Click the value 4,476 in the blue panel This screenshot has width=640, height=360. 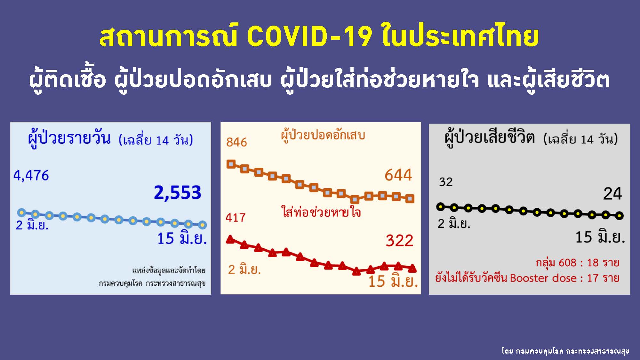pyautogui.click(x=31, y=176)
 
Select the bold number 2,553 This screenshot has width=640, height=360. pyautogui.click(x=178, y=193)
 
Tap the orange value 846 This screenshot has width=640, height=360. pyautogui.click(x=236, y=142)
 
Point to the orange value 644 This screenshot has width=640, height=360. pyautogui.click(x=398, y=175)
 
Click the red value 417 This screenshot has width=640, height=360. pyautogui.click(x=236, y=218)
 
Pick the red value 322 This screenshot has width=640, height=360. pyautogui.click(x=399, y=241)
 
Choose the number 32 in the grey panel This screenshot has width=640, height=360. pyautogui.click(x=446, y=182)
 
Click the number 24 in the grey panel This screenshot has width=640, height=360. pyautogui.click(x=612, y=194)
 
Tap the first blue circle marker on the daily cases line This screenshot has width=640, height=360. pyautogui.click(x=21, y=212)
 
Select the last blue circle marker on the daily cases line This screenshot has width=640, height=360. pyautogui.click(x=202, y=225)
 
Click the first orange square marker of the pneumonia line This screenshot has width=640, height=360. pyautogui.click(x=231, y=164)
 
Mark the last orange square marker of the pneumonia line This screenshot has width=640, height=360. pyautogui.click(x=410, y=198)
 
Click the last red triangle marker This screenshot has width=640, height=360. pyautogui.click(x=412, y=268)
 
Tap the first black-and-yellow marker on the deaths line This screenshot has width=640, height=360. pyautogui.click(x=441, y=207)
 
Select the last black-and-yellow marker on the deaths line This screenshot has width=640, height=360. pyautogui.click(x=620, y=216)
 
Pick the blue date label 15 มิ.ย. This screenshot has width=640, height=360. pyautogui.click(x=182, y=239)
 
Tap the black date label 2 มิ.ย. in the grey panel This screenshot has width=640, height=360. pyautogui.click(x=454, y=223)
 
